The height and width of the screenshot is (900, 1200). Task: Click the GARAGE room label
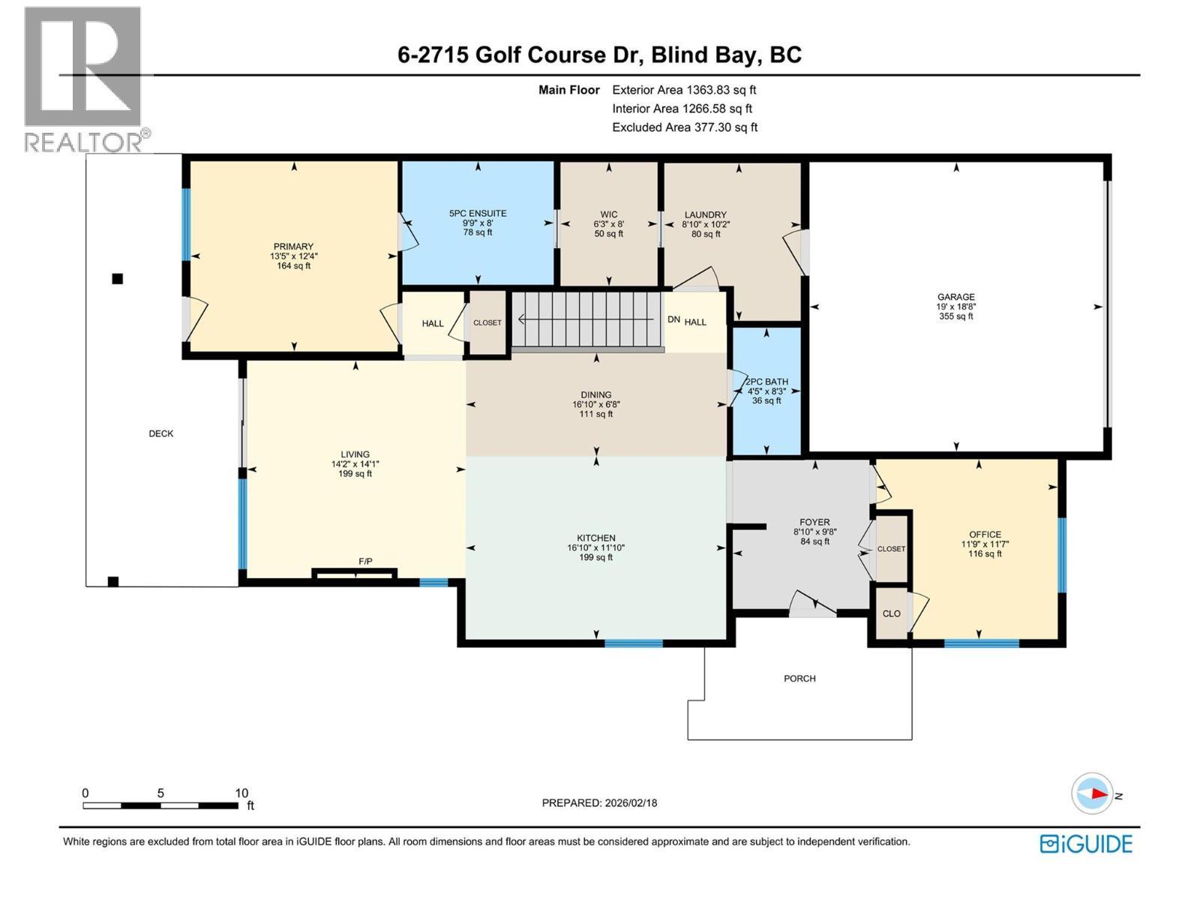(955, 297)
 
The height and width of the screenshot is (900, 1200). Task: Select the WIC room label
(608, 214)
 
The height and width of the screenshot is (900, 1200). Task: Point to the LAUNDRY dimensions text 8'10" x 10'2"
(705, 224)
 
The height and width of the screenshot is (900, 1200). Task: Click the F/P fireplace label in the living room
(365, 562)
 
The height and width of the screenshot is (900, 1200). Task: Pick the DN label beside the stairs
(673, 320)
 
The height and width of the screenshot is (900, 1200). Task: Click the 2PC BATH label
(766, 382)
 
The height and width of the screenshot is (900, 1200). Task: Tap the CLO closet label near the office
(891, 613)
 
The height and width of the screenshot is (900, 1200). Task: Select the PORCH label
(799, 679)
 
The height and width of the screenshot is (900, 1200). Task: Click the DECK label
(160, 433)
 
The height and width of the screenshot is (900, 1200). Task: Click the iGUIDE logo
(1085, 844)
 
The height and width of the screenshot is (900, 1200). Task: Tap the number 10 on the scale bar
(241, 793)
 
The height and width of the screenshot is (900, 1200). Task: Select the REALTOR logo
(84, 79)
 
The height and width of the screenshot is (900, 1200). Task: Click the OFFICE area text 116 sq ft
(985, 554)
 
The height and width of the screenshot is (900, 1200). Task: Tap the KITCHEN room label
(595, 538)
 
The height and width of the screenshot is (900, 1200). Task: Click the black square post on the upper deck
(117, 279)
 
